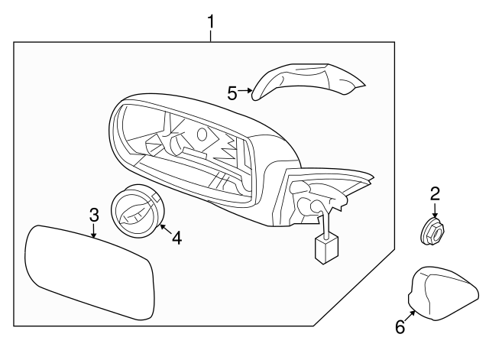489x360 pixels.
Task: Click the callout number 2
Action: [434, 193]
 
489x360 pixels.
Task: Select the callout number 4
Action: [176, 238]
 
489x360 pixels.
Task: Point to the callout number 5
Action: [233, 92]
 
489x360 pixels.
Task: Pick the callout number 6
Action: [399, 327]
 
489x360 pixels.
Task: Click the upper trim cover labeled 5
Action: [306, 80]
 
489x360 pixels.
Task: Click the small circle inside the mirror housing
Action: [202, 135]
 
